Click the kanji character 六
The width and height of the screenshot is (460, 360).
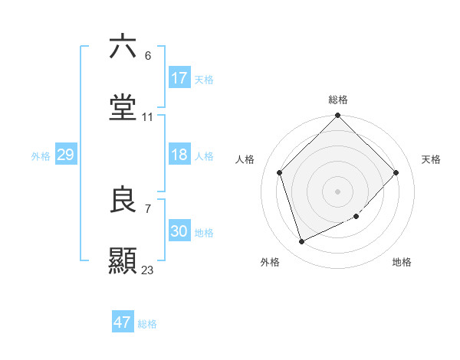[x=123, y=47]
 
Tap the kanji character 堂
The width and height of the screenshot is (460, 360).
[x=123, y=108]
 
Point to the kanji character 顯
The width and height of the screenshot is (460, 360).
[x=123, y=261]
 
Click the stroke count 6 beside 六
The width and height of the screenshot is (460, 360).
[x=148, y=56]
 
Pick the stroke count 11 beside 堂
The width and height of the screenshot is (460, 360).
[x=148, y=117]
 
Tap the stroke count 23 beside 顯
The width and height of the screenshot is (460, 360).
[x=148, y=270]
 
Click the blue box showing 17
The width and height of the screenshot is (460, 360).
[x=179, y=78]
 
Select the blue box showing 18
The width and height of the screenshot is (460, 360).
[x=179, y=155]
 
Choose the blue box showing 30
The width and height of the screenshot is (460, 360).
[x=179, y=231]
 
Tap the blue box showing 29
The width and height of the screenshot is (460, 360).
[x=65, y=155]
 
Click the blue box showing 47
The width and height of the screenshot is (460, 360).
[x=123, y=322]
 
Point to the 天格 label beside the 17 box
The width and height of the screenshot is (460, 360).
[x=204, y=79]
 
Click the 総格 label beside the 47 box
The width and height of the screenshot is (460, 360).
[x=147, y=323]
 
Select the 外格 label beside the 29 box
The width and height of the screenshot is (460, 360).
[x=41, y=155]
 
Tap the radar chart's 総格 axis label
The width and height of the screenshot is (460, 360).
[x=338, y=100]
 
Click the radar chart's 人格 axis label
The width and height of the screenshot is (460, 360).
[x=245, y=159]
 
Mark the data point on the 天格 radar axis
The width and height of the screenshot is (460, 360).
[x=396, y=172]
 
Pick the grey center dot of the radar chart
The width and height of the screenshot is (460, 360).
[x=338, y=191]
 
